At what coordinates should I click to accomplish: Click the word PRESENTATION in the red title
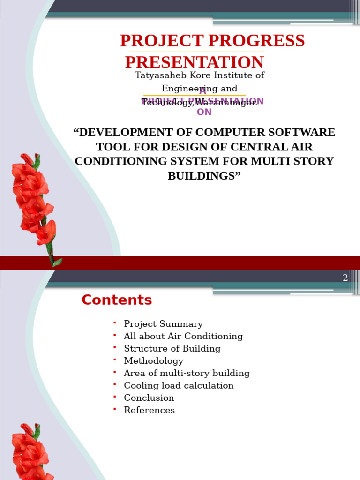point(195,62)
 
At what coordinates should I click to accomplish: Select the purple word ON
point(204,112)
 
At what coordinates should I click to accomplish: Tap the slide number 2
point(345,278)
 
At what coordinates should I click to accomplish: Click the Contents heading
point(117,300)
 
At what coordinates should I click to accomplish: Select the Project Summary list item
point(163,324)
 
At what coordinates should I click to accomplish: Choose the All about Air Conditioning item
point(183,336)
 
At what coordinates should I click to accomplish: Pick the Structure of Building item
point(172,349)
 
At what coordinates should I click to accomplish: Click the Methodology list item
point(153,361)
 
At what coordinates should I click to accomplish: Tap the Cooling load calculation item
point(179,386)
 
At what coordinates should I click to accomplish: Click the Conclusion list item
point(149,398)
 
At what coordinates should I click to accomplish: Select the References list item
point(149,410)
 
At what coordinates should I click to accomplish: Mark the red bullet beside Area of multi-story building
point(114,372)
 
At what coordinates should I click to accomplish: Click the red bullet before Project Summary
point(114,322)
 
